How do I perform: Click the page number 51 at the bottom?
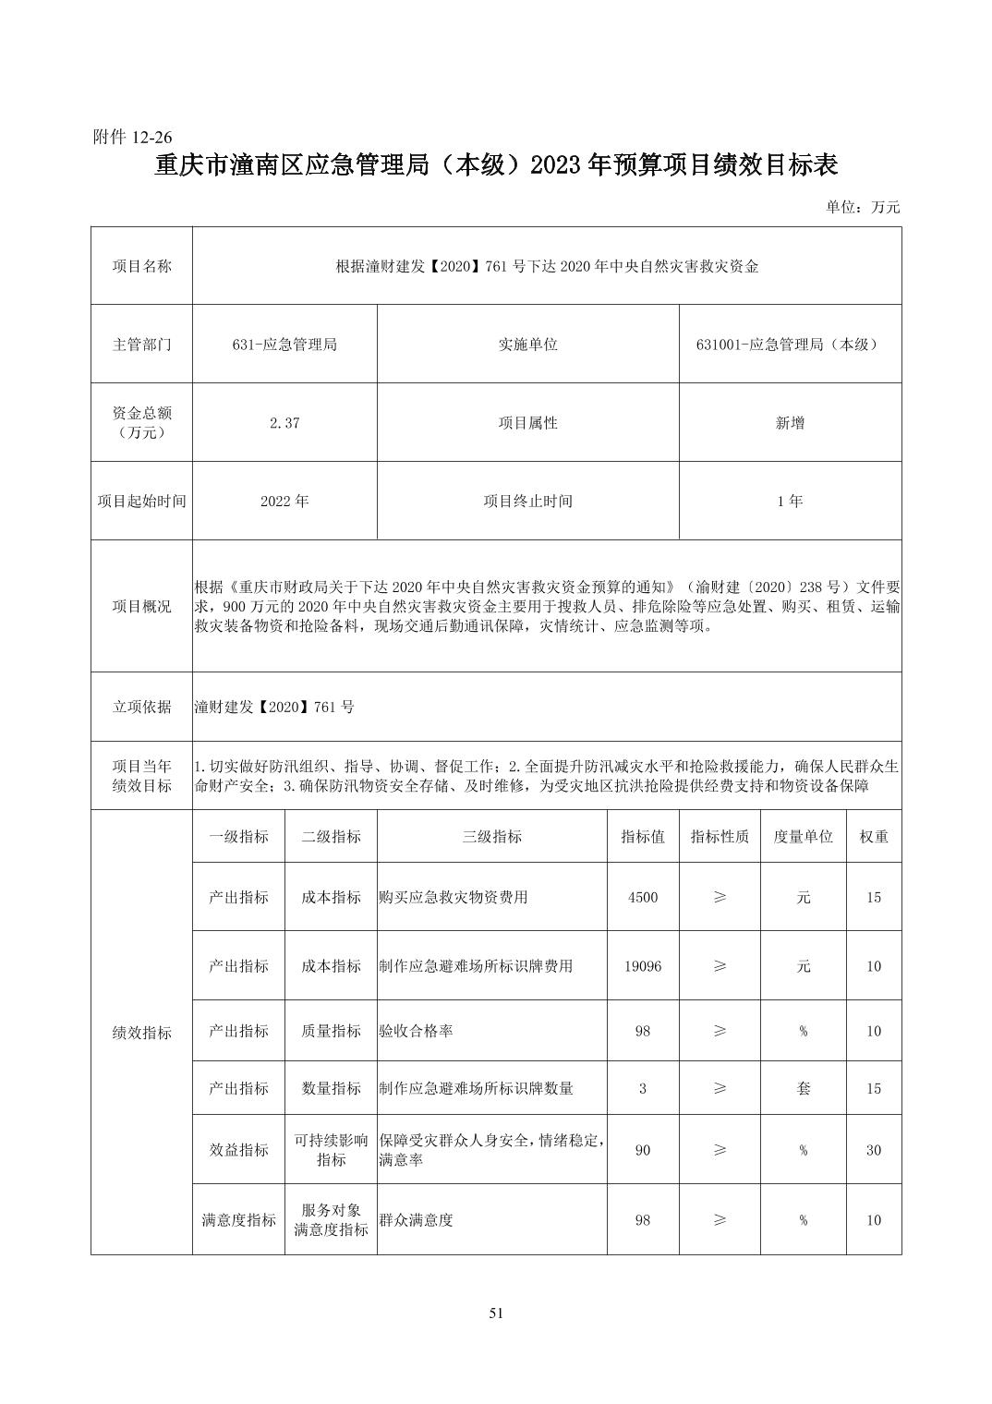(x=496, y=1313)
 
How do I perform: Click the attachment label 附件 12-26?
(x=133, y=137)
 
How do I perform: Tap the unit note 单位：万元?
(x=863, y=207)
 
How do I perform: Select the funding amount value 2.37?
(x=284, y=423)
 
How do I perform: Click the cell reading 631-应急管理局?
(x=284, y=345)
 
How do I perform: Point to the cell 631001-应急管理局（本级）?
(x=789, y=345)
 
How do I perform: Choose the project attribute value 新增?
(x=790, y=423)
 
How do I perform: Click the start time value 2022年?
(x=284, y=501)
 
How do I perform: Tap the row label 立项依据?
(x=141, y=707)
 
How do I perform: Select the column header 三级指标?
(x=491, y=837)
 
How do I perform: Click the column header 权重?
(x=874, y=837)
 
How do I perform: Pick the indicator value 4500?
(x=643, y=897)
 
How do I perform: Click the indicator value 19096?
(x=643, y=966)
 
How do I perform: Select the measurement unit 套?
(x=803, y=1088)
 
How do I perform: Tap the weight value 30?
(x=874, y=1150)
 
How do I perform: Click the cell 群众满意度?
(x=416, y=1220)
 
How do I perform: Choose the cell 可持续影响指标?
(x=331, y=1150)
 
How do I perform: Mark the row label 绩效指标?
(x=141, y=1033)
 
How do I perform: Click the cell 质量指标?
(x=331, y=1031)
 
